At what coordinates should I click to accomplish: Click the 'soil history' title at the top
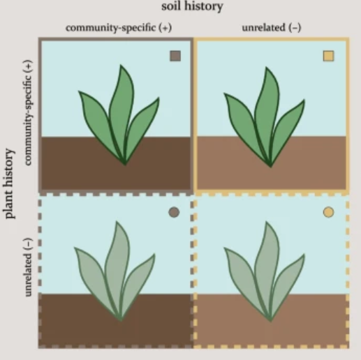coord(192,6)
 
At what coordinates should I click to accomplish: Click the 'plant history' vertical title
coord(10,183)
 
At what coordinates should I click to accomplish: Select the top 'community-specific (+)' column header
coord(119,28)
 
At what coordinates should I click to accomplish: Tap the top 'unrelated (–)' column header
coord(272,28)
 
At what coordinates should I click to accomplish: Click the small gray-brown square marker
coord(175,56)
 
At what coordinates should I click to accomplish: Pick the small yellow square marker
coord(328,56)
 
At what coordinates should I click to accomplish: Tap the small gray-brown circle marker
coord(174,212)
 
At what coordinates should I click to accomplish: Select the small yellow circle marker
coord(328,212)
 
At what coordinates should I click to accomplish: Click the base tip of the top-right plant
coord(270,167)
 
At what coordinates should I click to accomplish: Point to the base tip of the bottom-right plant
coord(270,321)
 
